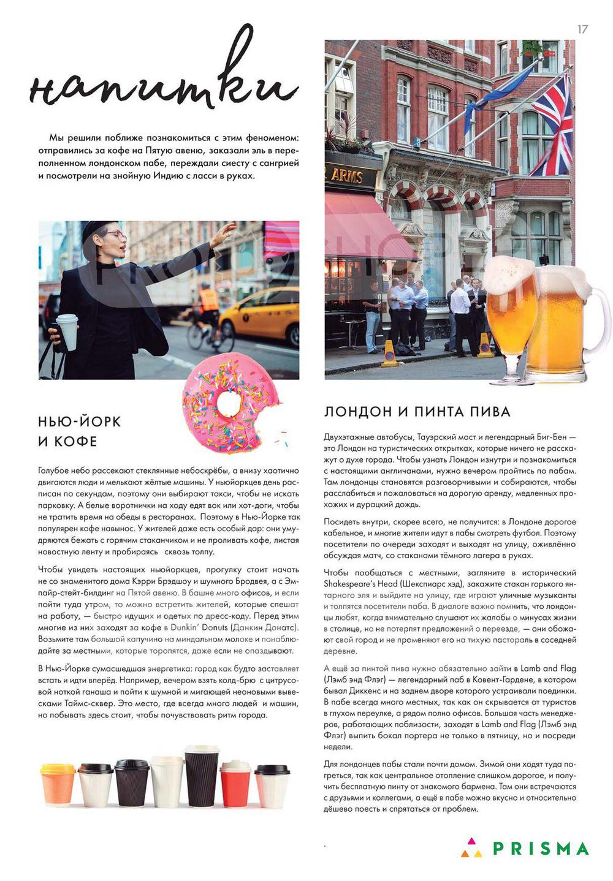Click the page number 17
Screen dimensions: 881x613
pos(582,29)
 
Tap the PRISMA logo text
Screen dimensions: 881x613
pos(541,849)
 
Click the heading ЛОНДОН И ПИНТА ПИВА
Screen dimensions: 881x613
pos(417,412)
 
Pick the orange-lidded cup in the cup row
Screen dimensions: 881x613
pos(58,784)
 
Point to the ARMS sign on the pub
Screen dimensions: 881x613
pos(346,176)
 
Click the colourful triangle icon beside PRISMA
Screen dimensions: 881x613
pos(471,848)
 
